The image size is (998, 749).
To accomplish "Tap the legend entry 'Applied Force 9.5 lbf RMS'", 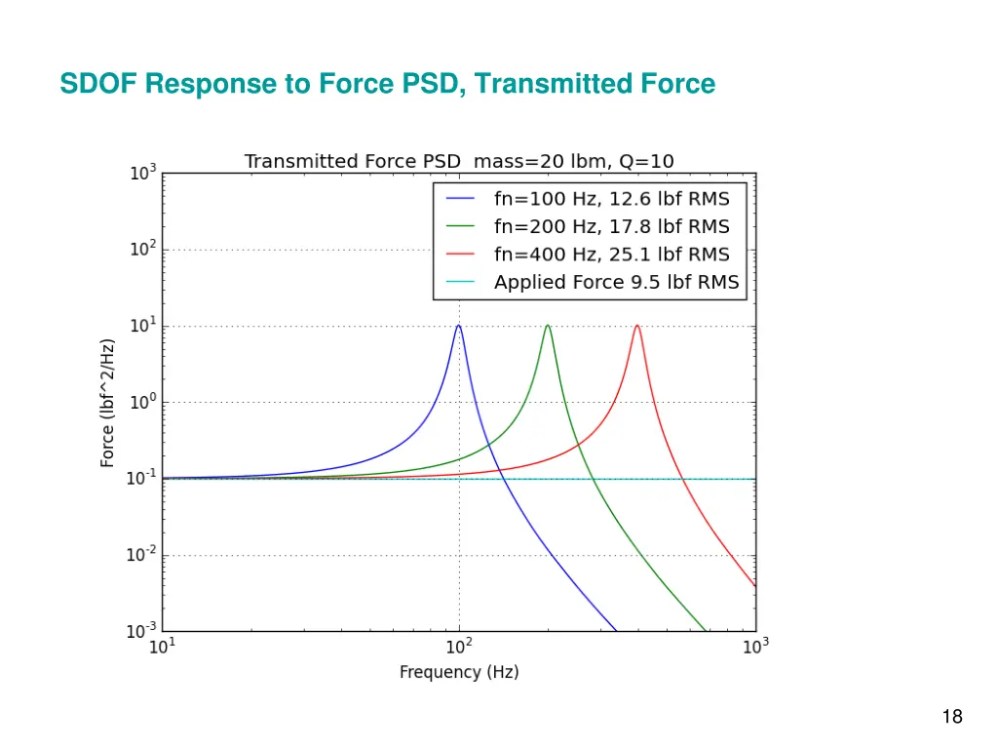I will [616, 283].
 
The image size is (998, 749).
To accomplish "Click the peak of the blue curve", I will [459, 326].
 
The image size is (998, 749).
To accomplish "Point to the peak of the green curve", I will [548, 326].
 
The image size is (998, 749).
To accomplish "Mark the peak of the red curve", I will [637, 326].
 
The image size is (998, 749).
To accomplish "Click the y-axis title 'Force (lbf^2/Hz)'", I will [108, 403].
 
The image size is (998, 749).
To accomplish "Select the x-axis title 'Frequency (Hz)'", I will [459, 672].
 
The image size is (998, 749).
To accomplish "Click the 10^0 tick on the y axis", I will [143, 403].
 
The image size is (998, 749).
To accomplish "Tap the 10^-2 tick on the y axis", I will [143, 556].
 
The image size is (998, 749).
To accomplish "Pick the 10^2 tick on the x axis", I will [459, 646].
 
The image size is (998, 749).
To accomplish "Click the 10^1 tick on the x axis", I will [162, 646].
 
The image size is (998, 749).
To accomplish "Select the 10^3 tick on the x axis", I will [755, 646].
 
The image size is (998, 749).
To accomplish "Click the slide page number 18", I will [952, 718].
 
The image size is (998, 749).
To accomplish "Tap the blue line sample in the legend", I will [460, 199].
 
